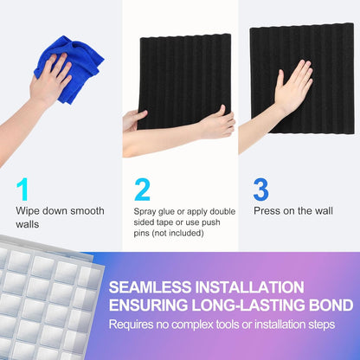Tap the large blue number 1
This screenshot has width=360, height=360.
point(23,189)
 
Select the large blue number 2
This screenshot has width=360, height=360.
point(143,189)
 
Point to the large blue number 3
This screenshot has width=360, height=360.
point(260,189)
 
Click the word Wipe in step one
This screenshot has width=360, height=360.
point(28,210)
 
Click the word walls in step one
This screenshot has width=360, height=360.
point(28,224)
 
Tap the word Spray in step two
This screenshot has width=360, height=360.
point(145,210)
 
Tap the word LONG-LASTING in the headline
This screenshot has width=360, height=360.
point(254,305)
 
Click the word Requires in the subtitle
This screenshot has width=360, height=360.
point(130,325)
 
